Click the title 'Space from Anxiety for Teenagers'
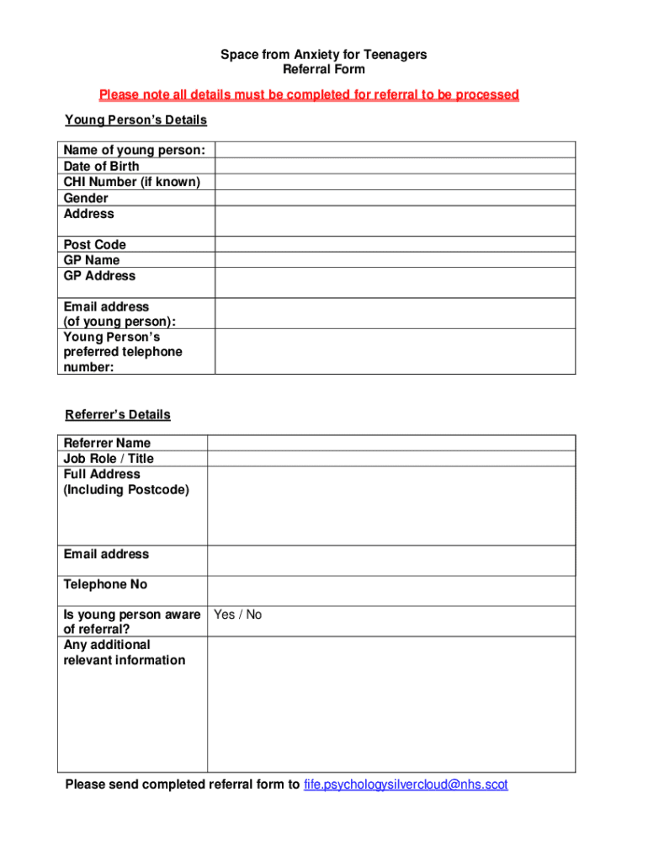pyautogui.click(x=323, y=55)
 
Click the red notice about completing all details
pyautogui.click(x=309, y=94)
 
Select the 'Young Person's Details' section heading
pyautogui.click(x=135, y=120)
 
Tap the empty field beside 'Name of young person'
pyautogui.click(x=395, y=151)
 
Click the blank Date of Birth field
pyautogui.click(x=395, y=167)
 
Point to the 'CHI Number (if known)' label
pyautogui.click(x=132, y=182)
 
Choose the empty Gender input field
pyautogui.click(x=395, y=198)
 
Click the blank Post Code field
pyautogui.click(x=395, y=245)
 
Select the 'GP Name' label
pyautogui.click(x=92, y=260)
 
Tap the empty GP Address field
pyautogui.click(x=395, y=283)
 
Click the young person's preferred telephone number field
pyautogui.click(x=395, y=352)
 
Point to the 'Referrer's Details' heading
pyautogui.click(x=118, y=415)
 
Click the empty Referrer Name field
pyautogui.click(x=391, y=443)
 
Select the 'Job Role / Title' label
pyautogui.click(x=109, y=459)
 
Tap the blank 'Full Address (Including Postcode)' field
pyautogui.click(x=391, y=505)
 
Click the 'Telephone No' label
pyautogui.click(x=105, y=584)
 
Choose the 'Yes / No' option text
pyautogui.click(x=238, y=615)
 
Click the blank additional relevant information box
pyautogui.click(x=391, y=704)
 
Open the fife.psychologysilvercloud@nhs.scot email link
pyautogui.click(x=406, y=785)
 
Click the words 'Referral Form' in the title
pyautogui.click(x=323, y=70)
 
